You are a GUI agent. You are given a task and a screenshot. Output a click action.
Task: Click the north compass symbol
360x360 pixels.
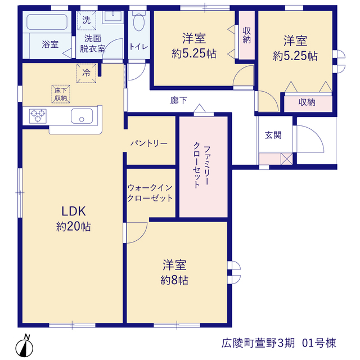point(24,346)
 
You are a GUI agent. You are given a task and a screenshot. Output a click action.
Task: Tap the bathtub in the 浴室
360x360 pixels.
point(47,22)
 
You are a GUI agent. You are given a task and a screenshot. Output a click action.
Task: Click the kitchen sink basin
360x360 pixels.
point(82,116)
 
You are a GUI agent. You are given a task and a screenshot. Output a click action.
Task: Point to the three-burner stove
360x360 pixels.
point(38,116)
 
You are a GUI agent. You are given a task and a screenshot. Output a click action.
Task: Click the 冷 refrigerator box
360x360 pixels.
point(86,73)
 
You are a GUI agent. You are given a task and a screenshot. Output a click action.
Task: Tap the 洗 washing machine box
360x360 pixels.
point(86,20)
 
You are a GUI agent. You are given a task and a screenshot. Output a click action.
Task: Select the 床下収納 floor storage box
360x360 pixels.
point(61,94)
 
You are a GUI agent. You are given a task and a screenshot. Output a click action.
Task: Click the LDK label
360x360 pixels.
point(74,211)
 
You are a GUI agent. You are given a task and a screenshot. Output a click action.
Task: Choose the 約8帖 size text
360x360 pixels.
point(174,281)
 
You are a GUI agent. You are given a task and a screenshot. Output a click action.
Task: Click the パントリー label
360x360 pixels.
point(149,144)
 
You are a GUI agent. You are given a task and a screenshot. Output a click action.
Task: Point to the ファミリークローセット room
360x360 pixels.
point(204,167)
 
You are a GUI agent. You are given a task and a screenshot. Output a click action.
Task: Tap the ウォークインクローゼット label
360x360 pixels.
point(150,193)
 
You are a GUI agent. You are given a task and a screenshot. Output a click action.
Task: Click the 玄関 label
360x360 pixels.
point(273,135)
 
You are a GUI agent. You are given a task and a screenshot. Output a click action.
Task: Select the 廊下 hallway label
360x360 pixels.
point(179,100)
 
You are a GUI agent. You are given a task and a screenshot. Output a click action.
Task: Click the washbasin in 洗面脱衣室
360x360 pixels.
point(112,17)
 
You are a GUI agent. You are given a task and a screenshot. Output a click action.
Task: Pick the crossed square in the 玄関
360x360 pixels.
point(287,159)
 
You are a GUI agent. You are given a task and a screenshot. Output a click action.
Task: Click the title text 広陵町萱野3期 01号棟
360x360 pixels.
point(279,343)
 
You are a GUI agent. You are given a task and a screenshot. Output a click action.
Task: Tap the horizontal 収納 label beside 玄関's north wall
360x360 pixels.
point(307,102)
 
